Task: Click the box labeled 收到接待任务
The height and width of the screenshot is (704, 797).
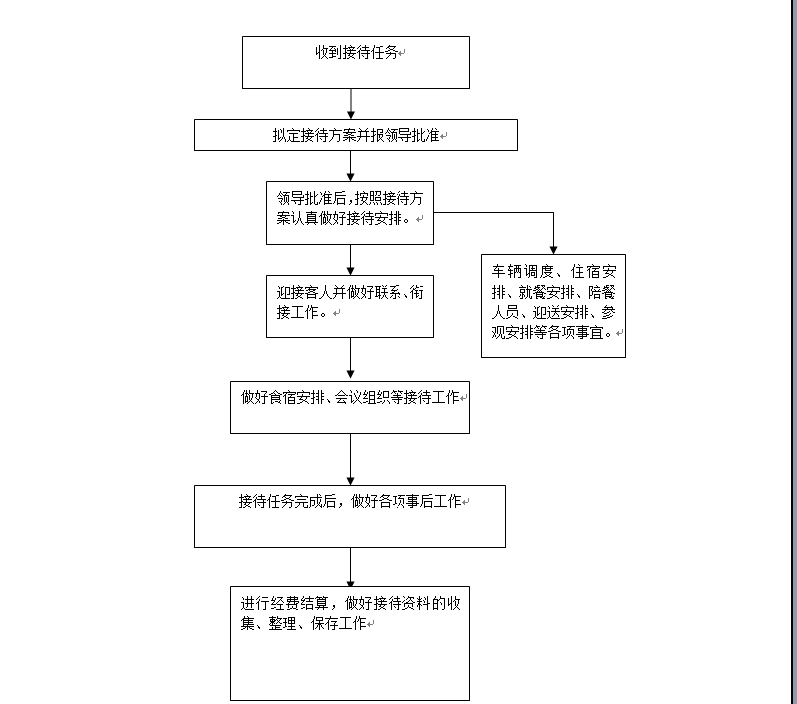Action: pyautogui.click(x=356, y=62)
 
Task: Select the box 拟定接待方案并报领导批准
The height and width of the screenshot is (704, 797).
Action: pyautogui.click(x=356, y=135)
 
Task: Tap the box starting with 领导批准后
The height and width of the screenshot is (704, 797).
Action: pyautogui.click(x=350, y=212)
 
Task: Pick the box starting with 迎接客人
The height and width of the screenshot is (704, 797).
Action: pyautogui.click(x=350, y=306)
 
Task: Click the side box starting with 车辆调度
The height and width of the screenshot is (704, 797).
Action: pyautogui.click(x=553, y=306)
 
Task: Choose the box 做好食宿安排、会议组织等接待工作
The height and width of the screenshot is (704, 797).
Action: pyautogui.click(x=350, y=407)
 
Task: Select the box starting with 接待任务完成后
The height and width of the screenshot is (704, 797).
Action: pyautogui.click(x=350, y=516)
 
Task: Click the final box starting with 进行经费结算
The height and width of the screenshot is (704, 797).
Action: pyautogui.click(x=350, y=643)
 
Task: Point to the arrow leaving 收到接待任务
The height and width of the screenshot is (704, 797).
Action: pyautogui.click(x=351, y=104)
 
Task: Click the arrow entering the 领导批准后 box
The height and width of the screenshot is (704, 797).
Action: pyautogui.click(x=351, y=166)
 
